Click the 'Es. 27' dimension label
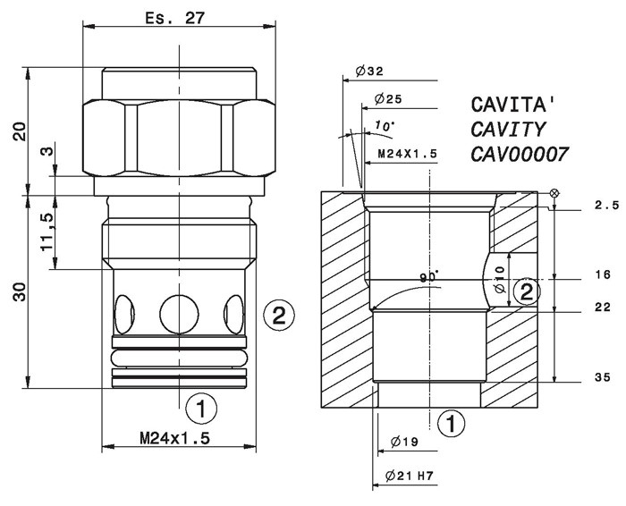click(x=174, y=18)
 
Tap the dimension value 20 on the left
click(x=20, y=131)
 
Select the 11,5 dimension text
click(x=47, y=232)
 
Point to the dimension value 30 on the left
click(x=20, y=291)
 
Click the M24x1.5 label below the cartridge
click(x=174, y=439)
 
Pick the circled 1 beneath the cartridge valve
click(x=201, y=409)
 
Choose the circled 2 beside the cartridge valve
click(x=279, y=316)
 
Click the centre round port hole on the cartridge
click(x=179, y=315)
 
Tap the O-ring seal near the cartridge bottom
click(x=179, y=358)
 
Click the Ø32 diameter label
click(x=369, y=71)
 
